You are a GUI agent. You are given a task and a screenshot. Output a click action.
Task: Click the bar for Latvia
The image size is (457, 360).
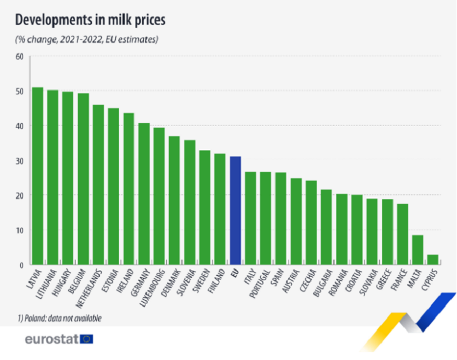tap(38, 176)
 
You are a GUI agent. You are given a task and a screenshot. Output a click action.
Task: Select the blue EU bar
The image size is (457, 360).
tap(235, 211)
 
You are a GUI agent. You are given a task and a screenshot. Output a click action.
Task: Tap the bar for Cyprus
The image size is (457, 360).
tap(433, 259)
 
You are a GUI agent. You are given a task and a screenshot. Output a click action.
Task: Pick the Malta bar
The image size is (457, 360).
tap(417, 250)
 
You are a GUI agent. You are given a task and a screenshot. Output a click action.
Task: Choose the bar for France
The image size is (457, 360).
tap(402, 235)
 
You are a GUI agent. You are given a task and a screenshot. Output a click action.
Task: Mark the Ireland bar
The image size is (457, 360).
tap(129, 189)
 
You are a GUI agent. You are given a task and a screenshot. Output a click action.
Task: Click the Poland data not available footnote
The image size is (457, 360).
tap(59, 319)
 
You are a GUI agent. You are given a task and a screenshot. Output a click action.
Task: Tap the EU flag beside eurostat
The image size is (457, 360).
tap(87, 339)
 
